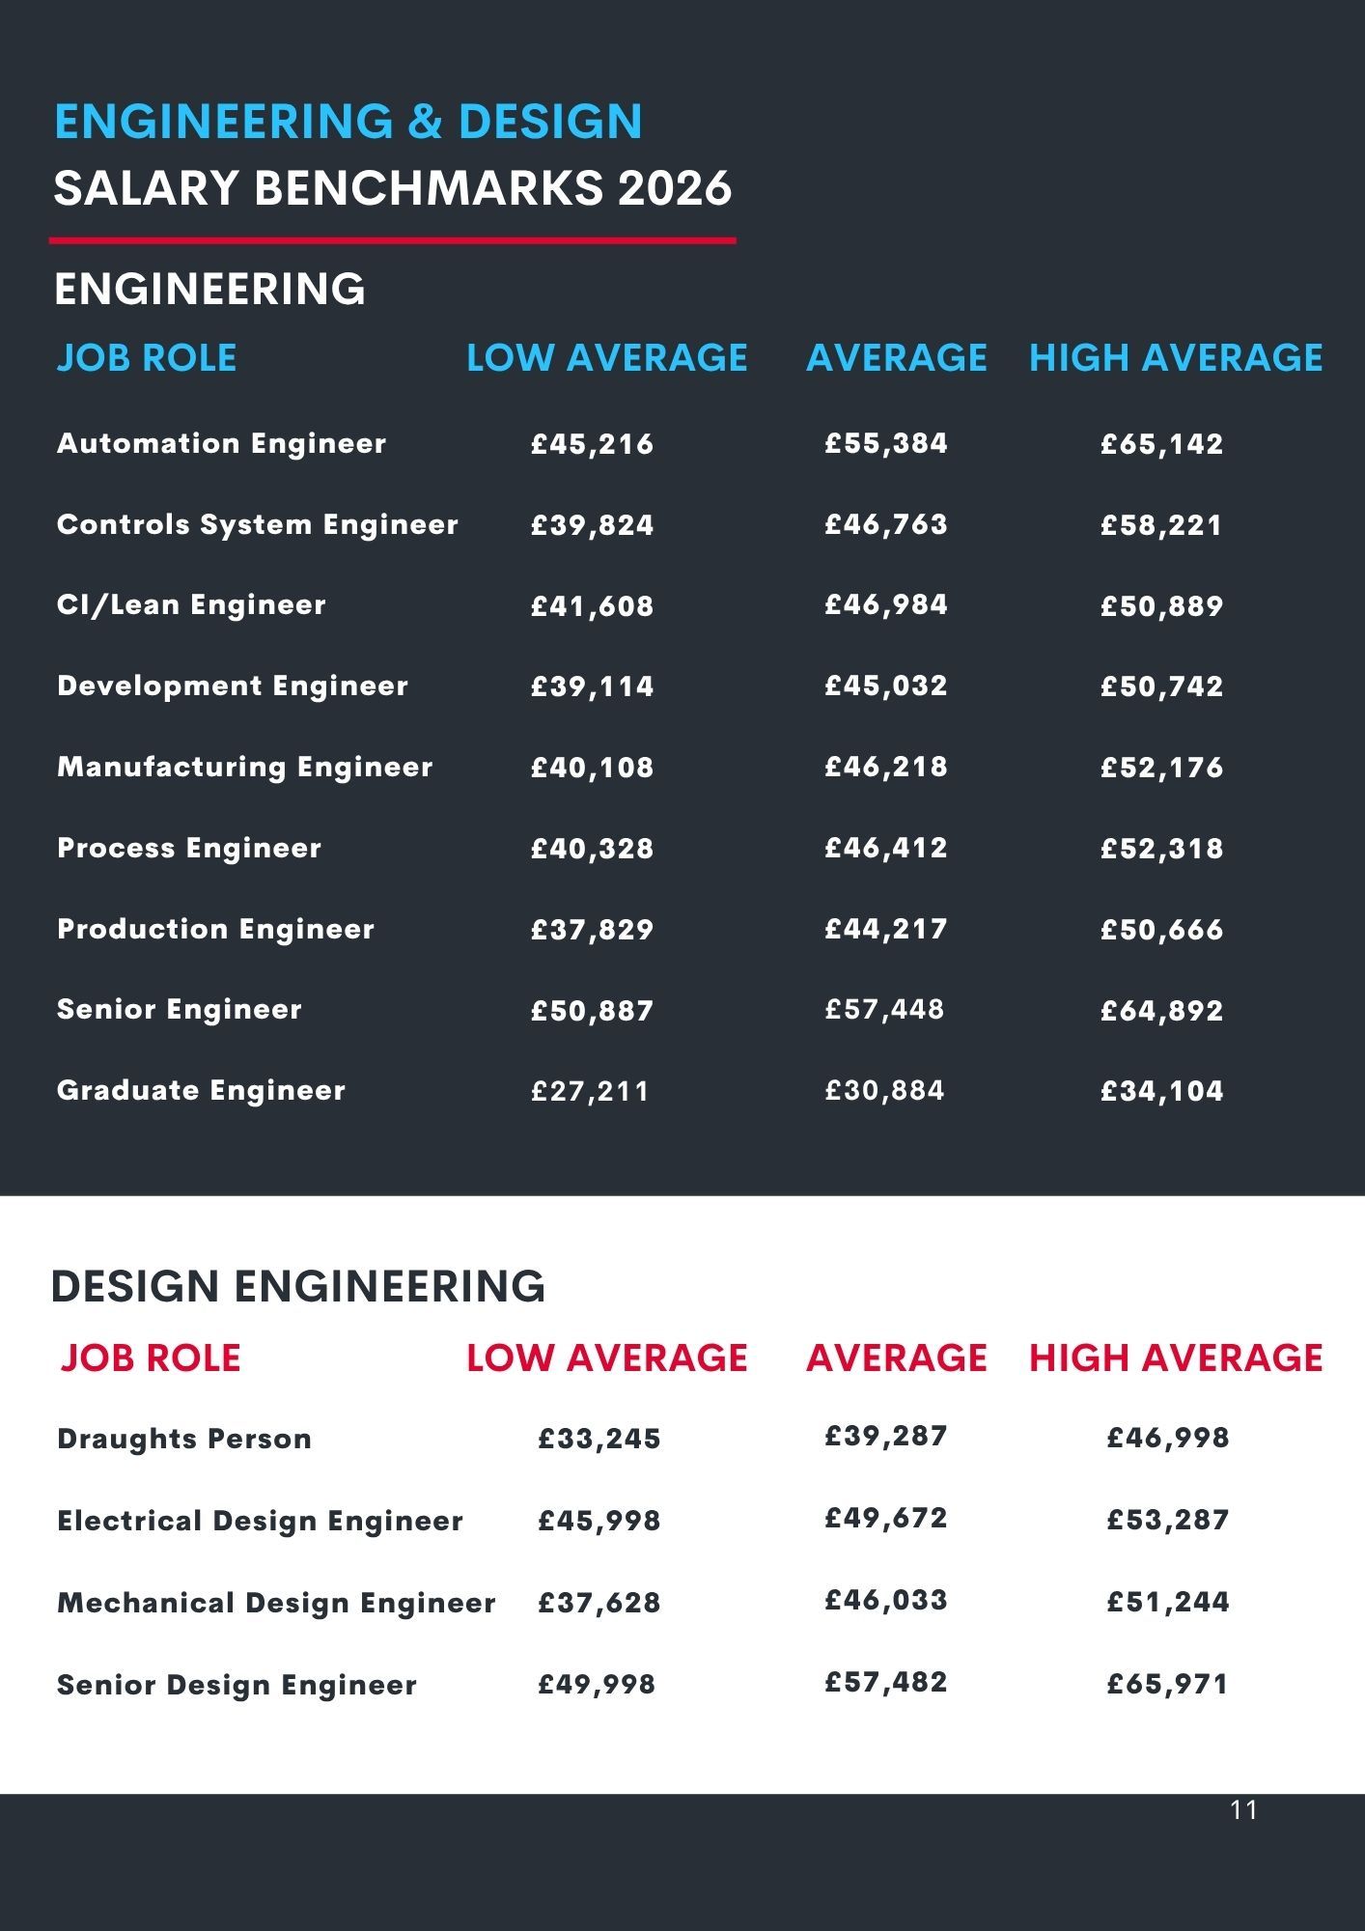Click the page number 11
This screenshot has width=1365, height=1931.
pos(1244,1809)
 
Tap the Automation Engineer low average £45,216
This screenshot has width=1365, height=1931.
pos(592,444)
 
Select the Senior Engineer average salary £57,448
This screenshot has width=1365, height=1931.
pos(884,1010)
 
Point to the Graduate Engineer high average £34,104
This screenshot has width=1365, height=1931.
pos(1161,1091)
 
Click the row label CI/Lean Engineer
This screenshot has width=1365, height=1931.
pos(191,605)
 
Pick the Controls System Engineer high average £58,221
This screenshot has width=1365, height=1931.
pos(1161,525)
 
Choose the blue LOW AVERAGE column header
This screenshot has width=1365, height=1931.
pos(606,358)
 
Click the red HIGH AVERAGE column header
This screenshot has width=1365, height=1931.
pos(1175,1358)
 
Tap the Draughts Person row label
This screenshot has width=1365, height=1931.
pos(184,1439)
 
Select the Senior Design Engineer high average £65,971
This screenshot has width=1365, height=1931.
pos(1167,1685)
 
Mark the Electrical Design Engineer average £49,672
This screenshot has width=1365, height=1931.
pos(885,1519)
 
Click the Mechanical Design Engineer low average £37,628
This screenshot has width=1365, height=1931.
pos(599,1603)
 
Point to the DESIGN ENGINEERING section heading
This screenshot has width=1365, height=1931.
pos(297,1287)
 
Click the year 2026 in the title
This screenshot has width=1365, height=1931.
pos(675,187)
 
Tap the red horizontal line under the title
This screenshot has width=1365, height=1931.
pos(392,240)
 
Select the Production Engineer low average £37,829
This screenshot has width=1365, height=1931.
pos(592,930)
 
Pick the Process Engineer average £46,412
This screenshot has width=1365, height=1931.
pos(885,849)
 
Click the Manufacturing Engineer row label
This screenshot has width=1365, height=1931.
pos(244,768)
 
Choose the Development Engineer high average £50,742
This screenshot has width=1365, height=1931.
pos(1161,686)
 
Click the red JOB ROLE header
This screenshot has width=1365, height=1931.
pos(150,1358)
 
